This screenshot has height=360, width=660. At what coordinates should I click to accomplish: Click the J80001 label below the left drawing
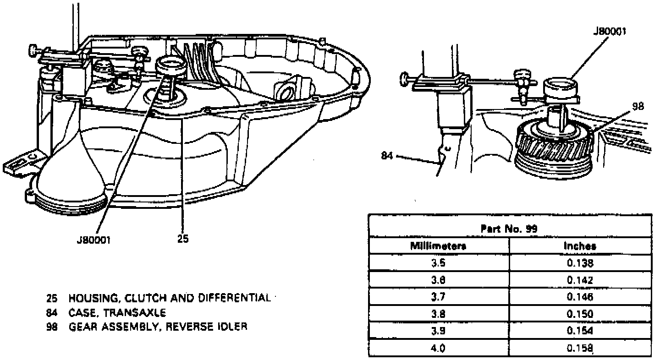click(x=94, y=240)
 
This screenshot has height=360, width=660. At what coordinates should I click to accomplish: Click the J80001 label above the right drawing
click(x=610, y=32)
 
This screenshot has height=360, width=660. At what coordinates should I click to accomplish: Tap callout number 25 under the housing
click(x=182, y=239)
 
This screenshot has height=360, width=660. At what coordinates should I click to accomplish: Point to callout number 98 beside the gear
click(x=638, y=107)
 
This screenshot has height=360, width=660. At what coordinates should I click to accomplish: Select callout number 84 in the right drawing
click(x=387, y=156)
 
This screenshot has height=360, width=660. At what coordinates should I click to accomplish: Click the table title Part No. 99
click(x=509, y=229)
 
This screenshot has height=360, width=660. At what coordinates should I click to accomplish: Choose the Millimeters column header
click(x=438, y=246)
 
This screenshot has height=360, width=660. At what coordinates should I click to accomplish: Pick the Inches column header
click(x=580, y=246)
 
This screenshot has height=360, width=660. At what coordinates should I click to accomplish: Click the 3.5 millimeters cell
click(x=438, y=263)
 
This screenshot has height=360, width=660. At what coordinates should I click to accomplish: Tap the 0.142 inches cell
click(x=580, y=280)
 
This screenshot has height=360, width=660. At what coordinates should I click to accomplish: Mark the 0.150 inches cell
click(x=580, y=314)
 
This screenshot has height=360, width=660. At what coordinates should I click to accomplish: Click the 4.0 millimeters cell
click(x=438, y=348)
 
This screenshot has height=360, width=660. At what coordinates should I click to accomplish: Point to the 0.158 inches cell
click(x=580, y=348)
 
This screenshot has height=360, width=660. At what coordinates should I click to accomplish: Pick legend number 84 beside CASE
click(x=51, y=313)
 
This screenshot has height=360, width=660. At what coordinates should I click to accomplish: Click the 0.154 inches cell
click(x=580, y=331)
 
